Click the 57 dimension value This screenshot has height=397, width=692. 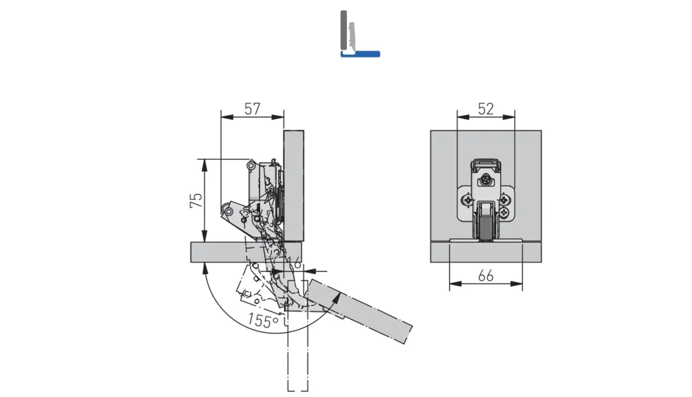coord(253,108)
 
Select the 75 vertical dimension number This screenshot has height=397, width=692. coord(197,201)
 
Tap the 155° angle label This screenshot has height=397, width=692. coord(263,320)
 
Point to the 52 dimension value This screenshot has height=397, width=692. coord(486,108)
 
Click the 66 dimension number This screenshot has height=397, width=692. coord(485,275)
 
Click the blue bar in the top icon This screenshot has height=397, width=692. coord(360,54)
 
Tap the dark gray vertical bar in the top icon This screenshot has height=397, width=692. coord(344,31)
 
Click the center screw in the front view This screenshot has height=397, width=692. coord(486,180)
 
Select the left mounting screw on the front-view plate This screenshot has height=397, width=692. coord(467,201)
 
